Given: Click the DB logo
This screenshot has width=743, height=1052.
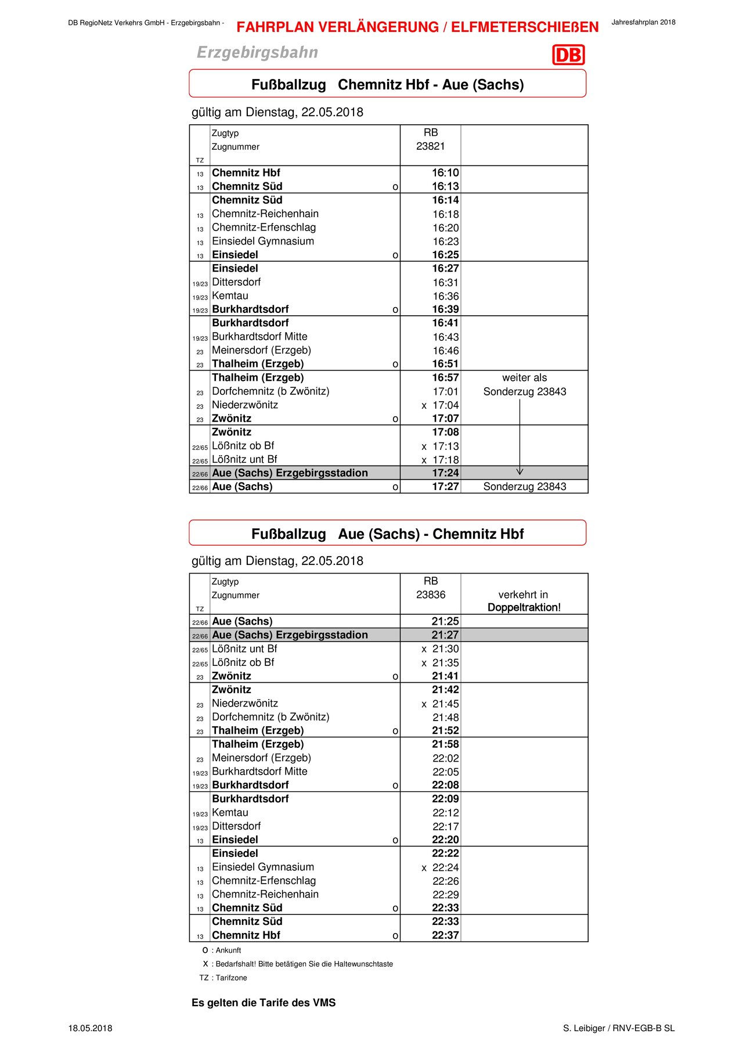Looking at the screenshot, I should point(568,55).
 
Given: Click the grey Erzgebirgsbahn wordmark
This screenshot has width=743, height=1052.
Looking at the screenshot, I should point(257,52).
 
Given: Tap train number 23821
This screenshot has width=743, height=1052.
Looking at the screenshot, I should point(430,146).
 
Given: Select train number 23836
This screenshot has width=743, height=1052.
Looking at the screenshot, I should point(430,595).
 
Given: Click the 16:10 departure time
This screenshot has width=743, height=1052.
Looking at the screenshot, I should point(445,173).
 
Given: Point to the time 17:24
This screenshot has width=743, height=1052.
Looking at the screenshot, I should point(445,473).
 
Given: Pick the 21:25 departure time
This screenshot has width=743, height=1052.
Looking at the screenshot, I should point(445,621).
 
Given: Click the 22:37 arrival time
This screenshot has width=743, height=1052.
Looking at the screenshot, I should point(445,935).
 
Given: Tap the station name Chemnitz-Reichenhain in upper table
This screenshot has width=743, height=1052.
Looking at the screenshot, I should point(265,214).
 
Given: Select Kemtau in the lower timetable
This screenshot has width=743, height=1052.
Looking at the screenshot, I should point(230,813).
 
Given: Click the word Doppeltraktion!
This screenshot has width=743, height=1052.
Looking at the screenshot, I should point(524,608).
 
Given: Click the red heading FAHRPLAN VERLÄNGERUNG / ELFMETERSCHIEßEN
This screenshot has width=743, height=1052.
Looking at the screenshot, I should point(417,27).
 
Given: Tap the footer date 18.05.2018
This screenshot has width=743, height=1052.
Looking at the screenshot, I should point(90,1028).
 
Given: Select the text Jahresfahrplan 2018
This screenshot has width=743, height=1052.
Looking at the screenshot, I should point(643,23).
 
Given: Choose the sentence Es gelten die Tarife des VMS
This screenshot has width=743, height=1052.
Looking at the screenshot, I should point(264,1003).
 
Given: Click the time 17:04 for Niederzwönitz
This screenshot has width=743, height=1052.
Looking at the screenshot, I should point(445,405).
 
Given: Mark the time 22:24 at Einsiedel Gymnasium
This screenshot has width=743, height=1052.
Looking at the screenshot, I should point(445,867).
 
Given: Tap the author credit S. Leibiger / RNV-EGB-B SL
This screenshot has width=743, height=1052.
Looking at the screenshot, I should point(619,1028).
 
